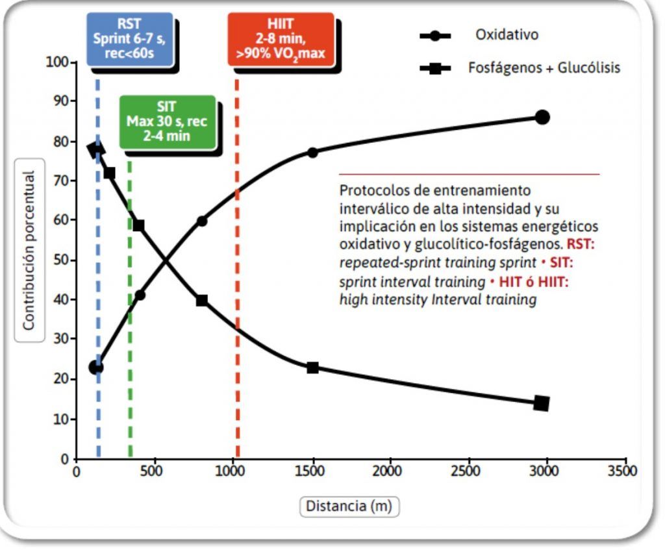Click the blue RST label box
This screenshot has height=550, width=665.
(130, 39)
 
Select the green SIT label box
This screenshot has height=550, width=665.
(167, 122)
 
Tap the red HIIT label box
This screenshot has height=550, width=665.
(281, 39)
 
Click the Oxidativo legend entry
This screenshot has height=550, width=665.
(507, 35)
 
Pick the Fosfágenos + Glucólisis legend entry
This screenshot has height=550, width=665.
(544, 68)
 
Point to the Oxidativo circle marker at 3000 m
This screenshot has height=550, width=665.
(542, 117)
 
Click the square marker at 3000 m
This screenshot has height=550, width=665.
(542, 403)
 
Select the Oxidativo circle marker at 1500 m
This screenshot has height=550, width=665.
(312, 153)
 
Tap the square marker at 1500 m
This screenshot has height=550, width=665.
(312, 368)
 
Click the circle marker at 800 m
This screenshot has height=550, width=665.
(202, 221)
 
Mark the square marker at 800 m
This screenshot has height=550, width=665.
(202, 301)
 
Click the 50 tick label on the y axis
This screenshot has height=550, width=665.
(60, 260)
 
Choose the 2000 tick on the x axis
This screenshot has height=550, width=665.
(390, 471)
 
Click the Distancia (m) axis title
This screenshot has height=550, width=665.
(349, 506)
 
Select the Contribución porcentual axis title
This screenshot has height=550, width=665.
(29, 250)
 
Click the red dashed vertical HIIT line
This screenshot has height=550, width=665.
(237, 325)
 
